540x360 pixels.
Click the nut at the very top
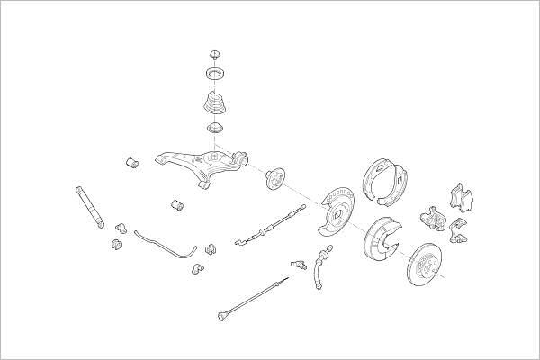coord(216,54)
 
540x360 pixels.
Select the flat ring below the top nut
coord(216,73)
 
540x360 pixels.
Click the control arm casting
coord(200,162)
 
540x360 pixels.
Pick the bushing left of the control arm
coord(131,163)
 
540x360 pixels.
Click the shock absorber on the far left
coord(90,208)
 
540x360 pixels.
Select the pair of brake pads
coord(462,198)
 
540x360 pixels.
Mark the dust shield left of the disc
coord(385,240)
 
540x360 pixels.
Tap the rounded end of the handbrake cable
coord(221,316)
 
